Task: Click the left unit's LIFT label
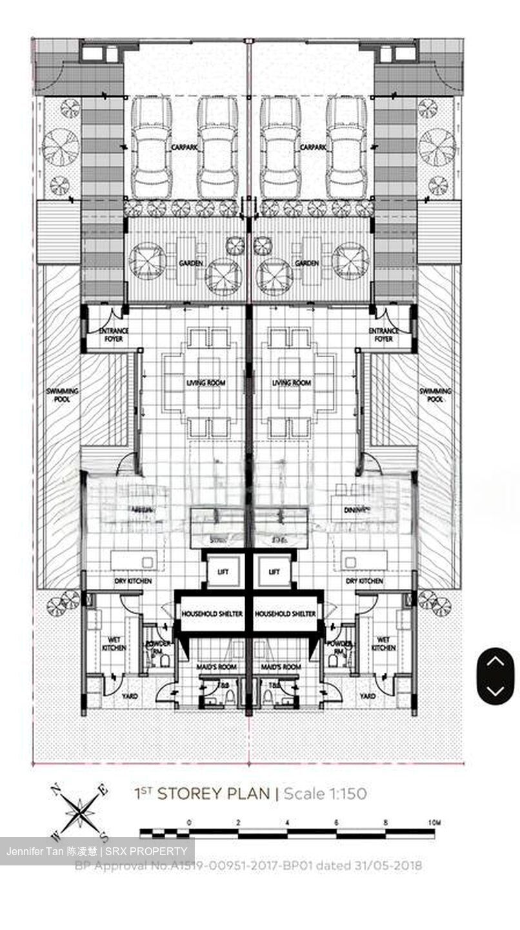click(223, 572)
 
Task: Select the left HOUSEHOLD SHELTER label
click(212, 614)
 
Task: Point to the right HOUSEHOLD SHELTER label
click(285, 614)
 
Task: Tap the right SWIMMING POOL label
click(435, 395)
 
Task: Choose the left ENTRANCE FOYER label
click(114, 335)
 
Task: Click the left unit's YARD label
click(130, 696)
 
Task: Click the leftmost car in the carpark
click(151, 147)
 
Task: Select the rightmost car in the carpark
click(346, 147)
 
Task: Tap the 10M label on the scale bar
click(434, 823)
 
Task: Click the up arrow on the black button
click(495, 661)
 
